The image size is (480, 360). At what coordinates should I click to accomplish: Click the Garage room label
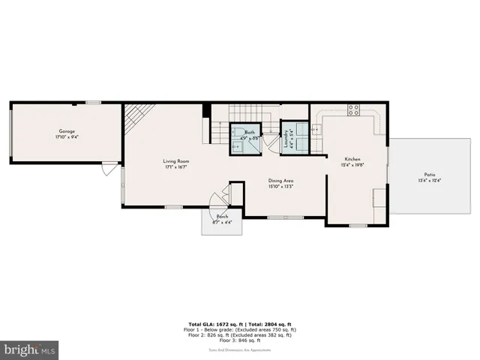[x=66, y=132]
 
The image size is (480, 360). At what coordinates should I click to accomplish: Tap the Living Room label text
[x=176, y=160]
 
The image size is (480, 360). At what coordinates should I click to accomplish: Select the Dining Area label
[x=281, y=180]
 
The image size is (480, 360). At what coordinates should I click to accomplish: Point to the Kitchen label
[x=352, y=160]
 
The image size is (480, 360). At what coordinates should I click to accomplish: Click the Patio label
[x=429, y=174]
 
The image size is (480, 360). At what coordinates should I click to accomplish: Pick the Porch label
[x=222, y=216]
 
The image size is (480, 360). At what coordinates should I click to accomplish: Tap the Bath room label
[x=249, y=132]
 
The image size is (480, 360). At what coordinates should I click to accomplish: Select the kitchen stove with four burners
[x=352, y=112]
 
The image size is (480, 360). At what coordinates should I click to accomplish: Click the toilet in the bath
[x=237, y=146]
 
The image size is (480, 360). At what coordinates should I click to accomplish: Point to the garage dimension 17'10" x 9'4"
[x=66, y=138]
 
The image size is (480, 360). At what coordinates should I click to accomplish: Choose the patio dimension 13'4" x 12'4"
[x=429, y=180]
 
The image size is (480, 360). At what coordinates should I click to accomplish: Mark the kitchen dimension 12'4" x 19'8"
[x=352, y=166]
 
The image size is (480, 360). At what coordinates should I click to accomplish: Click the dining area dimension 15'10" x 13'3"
[x=281, y=186]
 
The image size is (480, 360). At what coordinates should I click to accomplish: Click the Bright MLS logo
[x=30, y=349]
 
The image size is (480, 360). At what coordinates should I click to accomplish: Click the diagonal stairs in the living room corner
[x=139, y=116]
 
